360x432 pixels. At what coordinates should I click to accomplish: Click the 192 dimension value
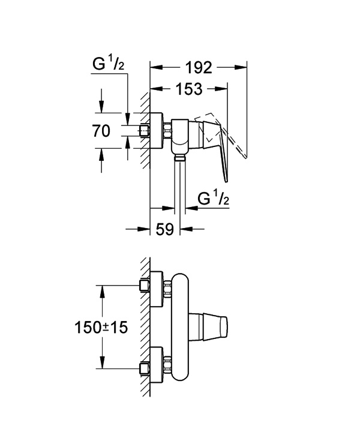(199, 68)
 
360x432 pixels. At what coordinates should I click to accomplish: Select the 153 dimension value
(189, 89)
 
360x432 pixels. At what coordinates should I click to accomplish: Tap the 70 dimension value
(101, 131)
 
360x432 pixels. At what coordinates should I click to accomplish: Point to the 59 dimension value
(165, 229)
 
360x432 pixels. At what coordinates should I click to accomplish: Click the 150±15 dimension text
(101, 328)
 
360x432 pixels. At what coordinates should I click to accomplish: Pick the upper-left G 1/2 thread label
(108, 64)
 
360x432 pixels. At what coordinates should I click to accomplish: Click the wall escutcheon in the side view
(157, 131)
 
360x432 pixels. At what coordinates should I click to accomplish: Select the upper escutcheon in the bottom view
(157, 289)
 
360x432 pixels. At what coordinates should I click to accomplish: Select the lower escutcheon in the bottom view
(157, 365)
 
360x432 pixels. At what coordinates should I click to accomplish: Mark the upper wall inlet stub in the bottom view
(145, 286)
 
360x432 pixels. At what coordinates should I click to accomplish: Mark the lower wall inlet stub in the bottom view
(145, 368)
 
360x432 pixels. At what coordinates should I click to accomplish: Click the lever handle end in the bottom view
(224, 327)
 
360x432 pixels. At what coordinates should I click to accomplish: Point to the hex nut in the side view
(167, 131)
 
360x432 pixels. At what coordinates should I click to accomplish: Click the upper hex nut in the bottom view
(167, 289)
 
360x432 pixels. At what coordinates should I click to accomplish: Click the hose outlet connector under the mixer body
(179, 158)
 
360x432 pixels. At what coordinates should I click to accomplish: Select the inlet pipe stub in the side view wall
(145, 131)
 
